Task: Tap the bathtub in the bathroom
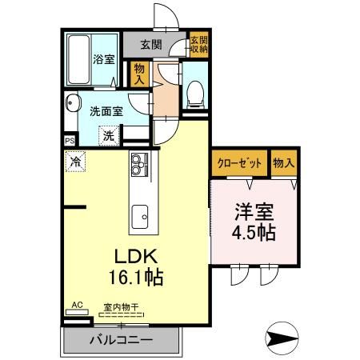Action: [x=78, y=60]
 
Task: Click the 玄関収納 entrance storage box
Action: [x=198, y=46]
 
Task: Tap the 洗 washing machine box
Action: [x=107, y=135]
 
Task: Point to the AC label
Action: [x=77, y=306]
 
